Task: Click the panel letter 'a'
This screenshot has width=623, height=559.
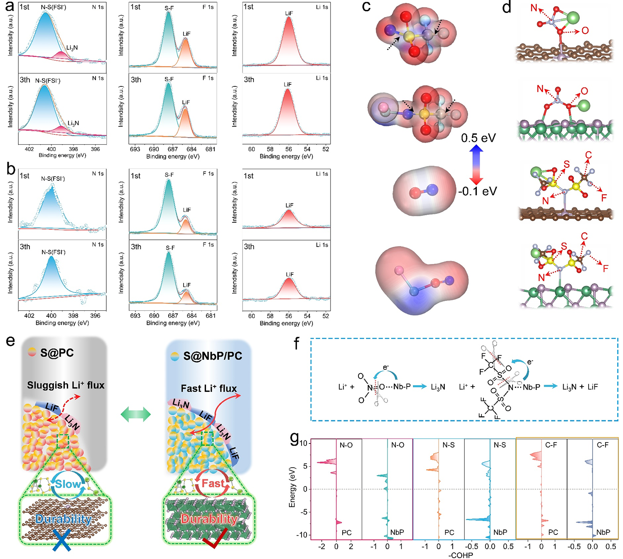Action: pyautogui.click(x=10, y=7)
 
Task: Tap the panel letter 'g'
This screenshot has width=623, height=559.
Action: pyautogui.click(x=294, y=438)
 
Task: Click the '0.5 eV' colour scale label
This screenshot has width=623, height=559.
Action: pyautogui.click(x=478, y=138)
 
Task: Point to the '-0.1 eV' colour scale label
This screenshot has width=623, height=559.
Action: pyautogui.click(x=477, y=191)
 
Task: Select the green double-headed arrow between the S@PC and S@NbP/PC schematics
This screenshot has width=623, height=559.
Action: pyautogui.click(x=136, y=414)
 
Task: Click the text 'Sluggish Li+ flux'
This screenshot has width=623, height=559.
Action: pyautogui.click(x=66, y=385)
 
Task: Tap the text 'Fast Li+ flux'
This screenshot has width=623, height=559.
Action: pyautogui.click(x=208, y=389)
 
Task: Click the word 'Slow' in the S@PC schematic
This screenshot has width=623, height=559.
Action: pyautogui.click(x=68, y=484)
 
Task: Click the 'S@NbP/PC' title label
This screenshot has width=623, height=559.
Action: pyautogui.click(x=212, y=356)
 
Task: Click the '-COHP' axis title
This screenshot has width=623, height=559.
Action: pyautogui.click(x=461, y=555)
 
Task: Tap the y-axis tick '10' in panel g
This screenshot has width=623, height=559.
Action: pyautogui.click(x=304, y=443)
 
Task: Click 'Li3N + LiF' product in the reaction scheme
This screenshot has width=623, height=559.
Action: pyautogui.click(x=580, y=387)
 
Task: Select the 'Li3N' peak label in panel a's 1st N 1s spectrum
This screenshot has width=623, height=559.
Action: pyautogui.click(x=72, y=48)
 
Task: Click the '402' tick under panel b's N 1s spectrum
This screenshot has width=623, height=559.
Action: pyautogui.click(x=29, y=315)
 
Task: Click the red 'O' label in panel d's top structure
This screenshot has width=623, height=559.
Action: pyautogui.click(x=585, y=30)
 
